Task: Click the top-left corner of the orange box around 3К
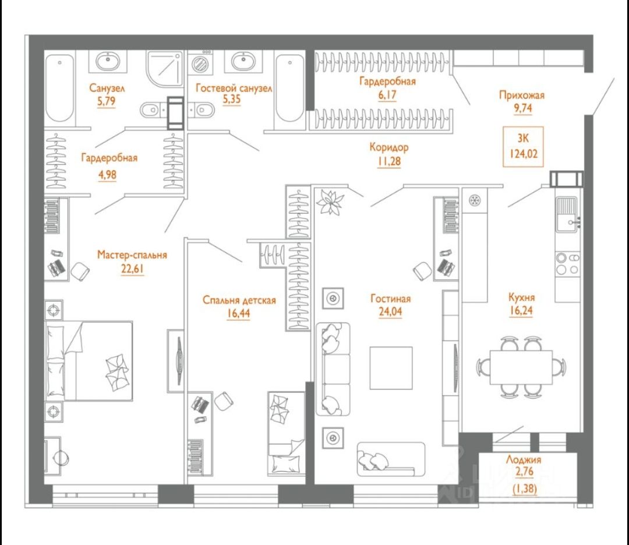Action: pyautogui.click(x=504, y=127)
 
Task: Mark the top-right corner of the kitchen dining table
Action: pyautogui.click(x=552, y=351)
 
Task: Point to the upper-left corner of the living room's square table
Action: pyautogui.click(x=370, y=347)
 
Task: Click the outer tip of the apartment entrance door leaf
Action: pyautogui.click(x=614, y=79)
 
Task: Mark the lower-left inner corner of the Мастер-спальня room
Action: pyautogui.click(x=44, y=484)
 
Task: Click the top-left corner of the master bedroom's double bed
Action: pyautogui.click(x=45, y=321)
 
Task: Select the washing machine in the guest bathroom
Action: pyautogui.click(x=199, y=63)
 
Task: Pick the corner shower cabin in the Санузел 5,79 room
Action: pyautogui.click(x=165, y=68)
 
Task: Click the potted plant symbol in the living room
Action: pyautogui.click(x=330, y=201)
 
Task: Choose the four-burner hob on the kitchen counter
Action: pyautogui.click(x=568, y=264)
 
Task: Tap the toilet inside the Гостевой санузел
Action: pyautogui.click(x=203, y=109)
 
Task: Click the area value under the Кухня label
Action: pyautogui.click(x=521, y=311)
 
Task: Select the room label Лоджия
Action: pyautogui.click(x=524, y=459)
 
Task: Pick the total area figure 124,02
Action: pyautogui.click(x=524, y=154)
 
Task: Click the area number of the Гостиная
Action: pyautogui.click(x=390, y=312)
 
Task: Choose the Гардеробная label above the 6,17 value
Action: pyautogui.click(x=387, y=82)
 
